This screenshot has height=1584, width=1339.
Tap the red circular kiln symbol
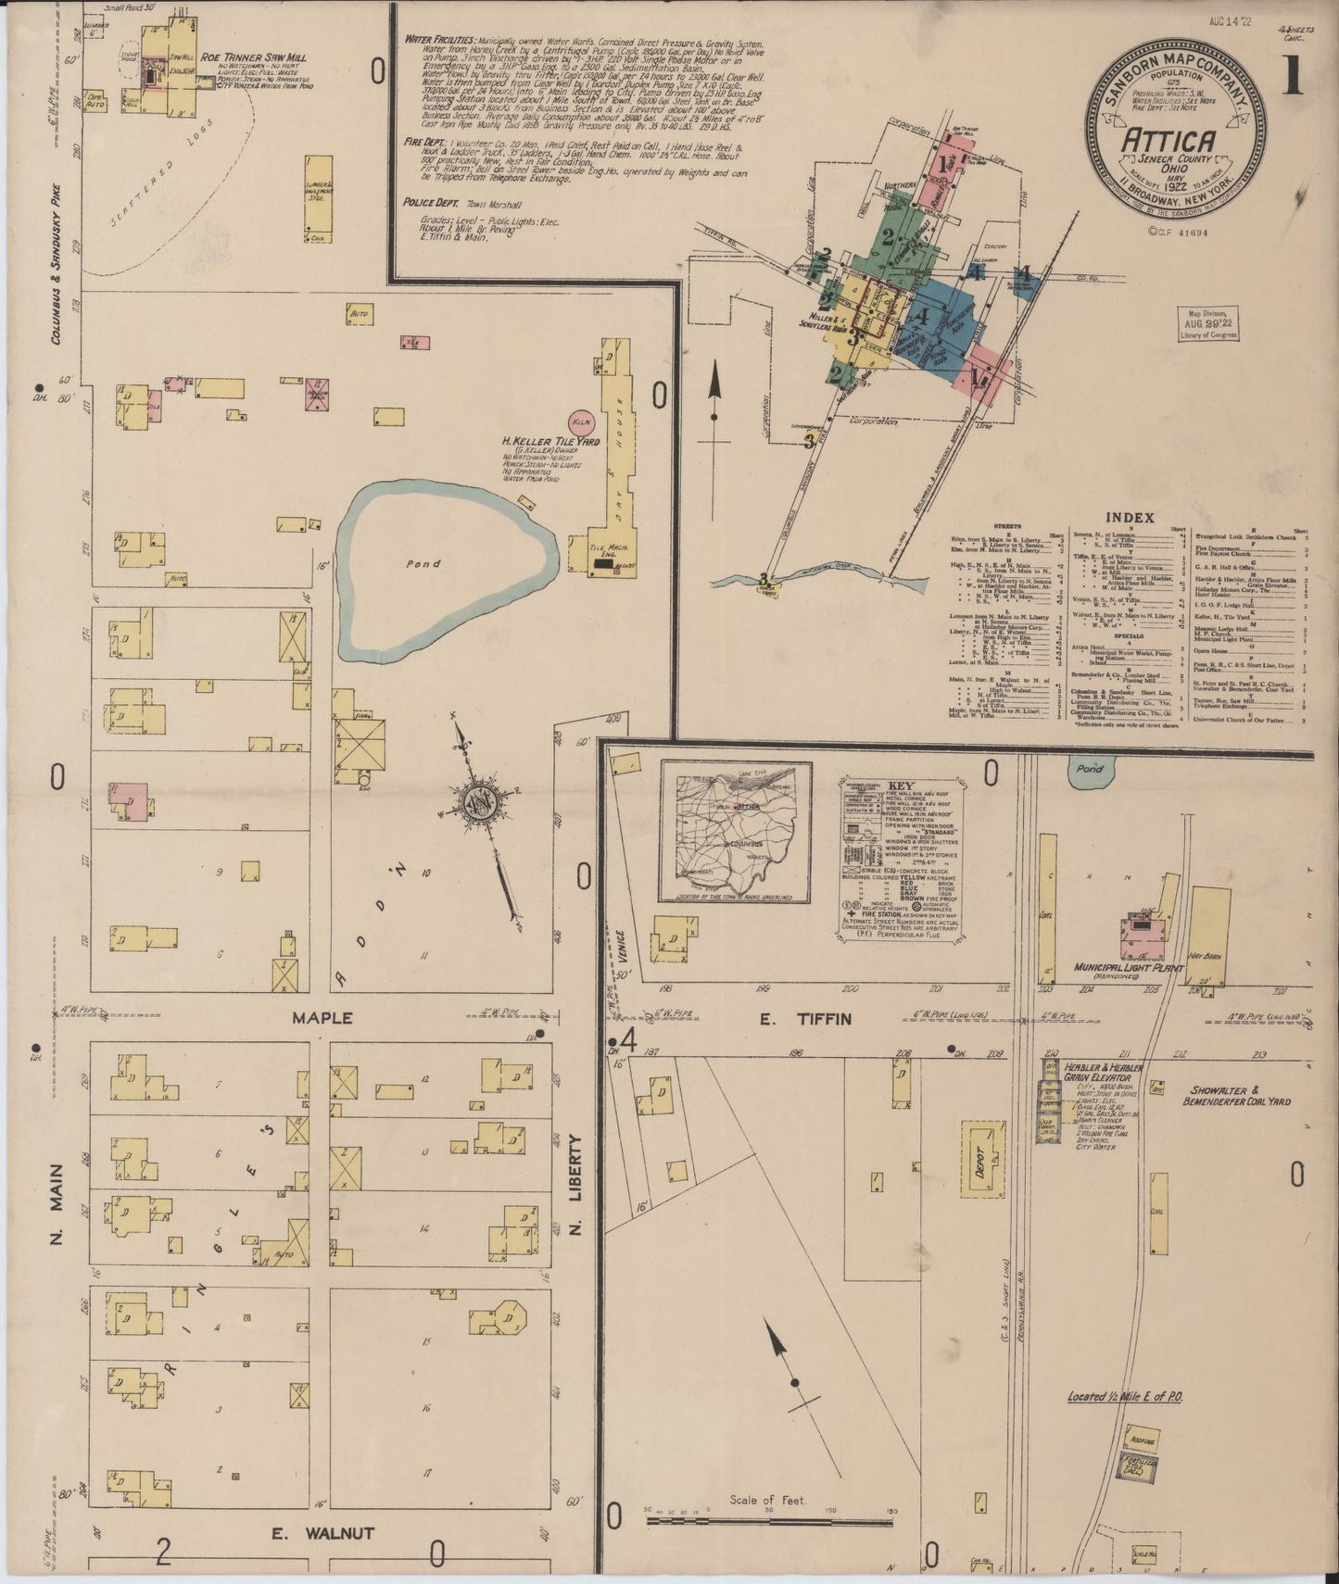582,421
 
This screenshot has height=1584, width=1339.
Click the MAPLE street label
322,1017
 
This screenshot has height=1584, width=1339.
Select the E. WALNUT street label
322,1533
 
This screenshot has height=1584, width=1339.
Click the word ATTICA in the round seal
1169,141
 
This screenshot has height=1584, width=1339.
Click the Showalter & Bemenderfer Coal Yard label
1236,1095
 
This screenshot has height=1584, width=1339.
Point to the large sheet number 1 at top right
1291,79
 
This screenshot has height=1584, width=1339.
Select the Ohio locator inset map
736,832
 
